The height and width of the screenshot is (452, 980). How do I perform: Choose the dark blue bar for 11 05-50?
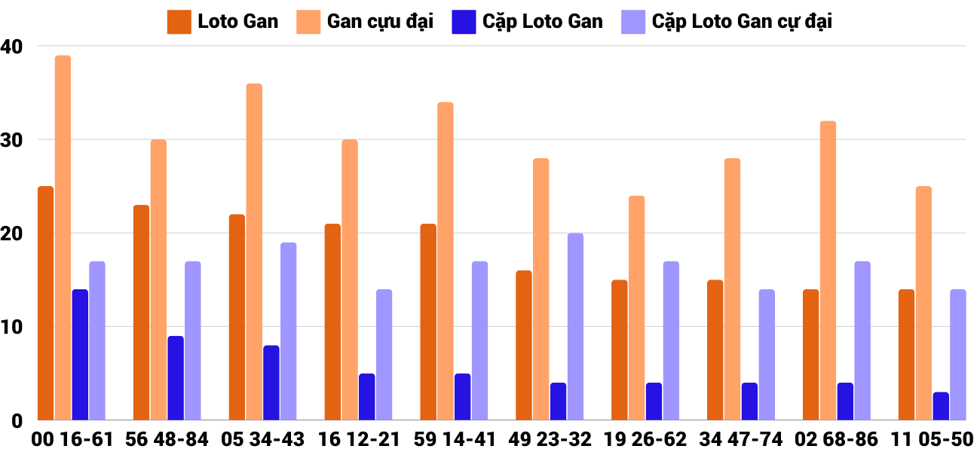940,406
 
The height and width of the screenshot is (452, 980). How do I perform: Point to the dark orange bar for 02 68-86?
810,354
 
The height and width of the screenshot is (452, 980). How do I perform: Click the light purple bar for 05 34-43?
289,331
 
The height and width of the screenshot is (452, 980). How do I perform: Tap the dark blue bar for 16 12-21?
367,396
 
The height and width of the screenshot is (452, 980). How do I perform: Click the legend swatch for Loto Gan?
179,22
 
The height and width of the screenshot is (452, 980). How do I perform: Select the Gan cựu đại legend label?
380,22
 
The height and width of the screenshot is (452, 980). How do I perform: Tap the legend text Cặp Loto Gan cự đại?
742,22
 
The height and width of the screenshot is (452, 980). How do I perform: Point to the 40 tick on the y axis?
13,47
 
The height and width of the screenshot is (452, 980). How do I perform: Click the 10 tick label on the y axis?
13,327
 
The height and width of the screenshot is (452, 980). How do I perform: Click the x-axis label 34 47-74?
741,439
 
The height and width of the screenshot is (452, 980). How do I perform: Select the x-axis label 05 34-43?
262,439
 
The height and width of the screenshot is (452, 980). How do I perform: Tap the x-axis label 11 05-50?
932,439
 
